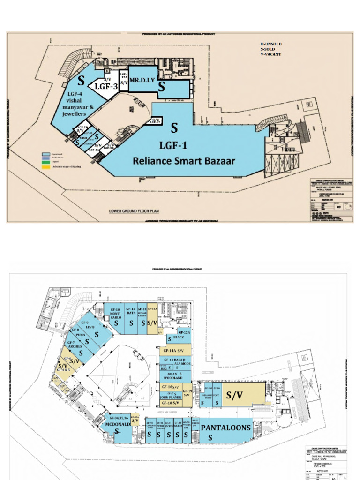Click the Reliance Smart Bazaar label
tap(184, 161)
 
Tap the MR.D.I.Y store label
tap(142, 81)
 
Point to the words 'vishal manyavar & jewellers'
tap(78, 104)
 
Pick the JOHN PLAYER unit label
tap(171, 397)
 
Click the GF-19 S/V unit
tap(187, 393)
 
